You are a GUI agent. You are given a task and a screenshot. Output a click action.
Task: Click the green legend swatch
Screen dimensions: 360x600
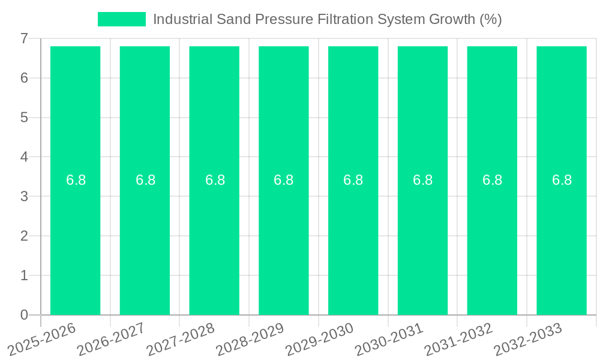121,19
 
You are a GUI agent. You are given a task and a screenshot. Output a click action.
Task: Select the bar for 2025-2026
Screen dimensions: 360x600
75,240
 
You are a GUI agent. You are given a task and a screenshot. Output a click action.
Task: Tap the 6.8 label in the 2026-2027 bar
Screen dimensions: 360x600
145,180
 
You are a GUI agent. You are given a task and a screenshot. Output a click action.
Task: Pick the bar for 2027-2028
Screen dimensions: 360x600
214,240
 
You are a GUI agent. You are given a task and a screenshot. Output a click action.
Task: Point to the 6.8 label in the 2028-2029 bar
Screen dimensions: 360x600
283,180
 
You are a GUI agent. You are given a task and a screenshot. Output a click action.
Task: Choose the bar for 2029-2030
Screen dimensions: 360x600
353,240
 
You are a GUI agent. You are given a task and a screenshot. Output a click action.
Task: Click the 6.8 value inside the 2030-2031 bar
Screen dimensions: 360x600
422,180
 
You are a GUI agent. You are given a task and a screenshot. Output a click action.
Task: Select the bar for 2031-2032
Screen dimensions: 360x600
492,240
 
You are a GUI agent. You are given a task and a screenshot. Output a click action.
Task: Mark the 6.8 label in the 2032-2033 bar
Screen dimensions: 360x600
562,180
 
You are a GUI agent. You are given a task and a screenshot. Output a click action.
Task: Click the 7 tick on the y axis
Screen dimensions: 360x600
24,38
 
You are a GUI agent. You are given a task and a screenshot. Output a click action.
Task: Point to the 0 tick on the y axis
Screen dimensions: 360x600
24,315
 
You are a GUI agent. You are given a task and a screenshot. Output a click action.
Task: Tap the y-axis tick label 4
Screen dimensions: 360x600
24,157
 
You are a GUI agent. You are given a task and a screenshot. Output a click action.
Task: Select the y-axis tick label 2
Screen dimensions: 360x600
24,236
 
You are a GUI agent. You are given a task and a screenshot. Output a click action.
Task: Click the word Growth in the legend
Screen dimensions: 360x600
451,19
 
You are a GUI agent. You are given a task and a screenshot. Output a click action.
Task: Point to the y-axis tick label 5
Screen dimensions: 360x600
24,118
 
